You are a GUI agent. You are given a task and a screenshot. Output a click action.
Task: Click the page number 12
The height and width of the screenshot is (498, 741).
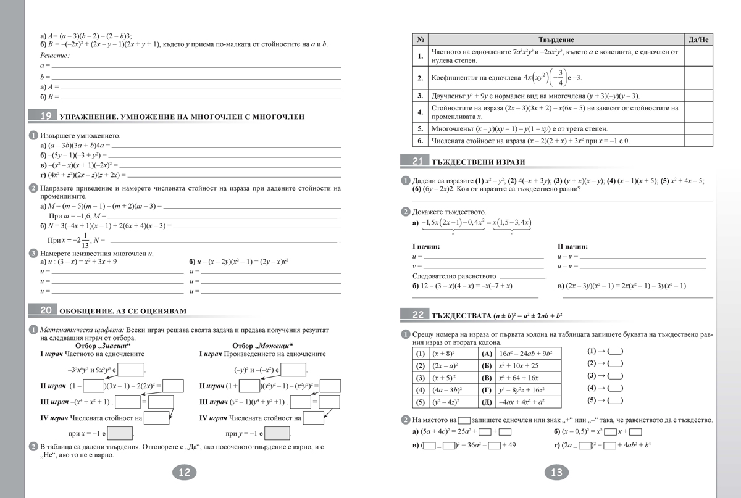tap(184, 473)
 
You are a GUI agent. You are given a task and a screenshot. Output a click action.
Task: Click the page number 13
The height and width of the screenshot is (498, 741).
tap(556, 473)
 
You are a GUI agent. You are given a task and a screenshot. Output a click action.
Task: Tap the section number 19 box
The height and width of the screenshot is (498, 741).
tap(46, 116)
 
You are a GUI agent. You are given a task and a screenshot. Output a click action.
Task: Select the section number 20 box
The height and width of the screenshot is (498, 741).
tap(46, 310)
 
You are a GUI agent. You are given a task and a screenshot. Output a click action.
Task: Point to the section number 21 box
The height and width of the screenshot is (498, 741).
tap(417, 161)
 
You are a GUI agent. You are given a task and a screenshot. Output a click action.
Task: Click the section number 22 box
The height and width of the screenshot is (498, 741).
tap(417, 315)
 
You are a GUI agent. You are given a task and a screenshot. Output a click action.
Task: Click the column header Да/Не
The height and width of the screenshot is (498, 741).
tap(698, 39)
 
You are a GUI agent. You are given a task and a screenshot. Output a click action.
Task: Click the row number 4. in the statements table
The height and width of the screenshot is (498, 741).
tap(420, 112)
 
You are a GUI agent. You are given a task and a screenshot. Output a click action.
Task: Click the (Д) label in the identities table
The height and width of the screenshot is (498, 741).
tap(487, 401)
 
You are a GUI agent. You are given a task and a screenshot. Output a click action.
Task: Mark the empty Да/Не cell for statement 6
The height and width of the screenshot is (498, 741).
tap(698, 141)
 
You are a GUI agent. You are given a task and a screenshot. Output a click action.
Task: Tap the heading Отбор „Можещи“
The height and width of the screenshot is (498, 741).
tap(259, 346)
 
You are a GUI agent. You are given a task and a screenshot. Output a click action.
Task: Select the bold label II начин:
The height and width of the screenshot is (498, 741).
tap(572, 246)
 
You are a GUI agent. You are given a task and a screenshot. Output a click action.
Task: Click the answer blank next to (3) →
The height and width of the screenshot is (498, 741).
tap(616, 375)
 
